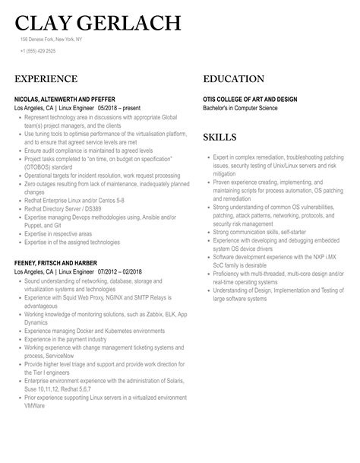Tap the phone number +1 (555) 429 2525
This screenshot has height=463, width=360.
point(37,51)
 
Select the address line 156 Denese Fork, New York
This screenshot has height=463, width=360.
point(52,39)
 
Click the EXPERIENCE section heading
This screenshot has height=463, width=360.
point(46,79)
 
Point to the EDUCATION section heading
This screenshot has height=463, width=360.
point(233,79)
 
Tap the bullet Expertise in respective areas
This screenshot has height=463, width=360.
point(60,234)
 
